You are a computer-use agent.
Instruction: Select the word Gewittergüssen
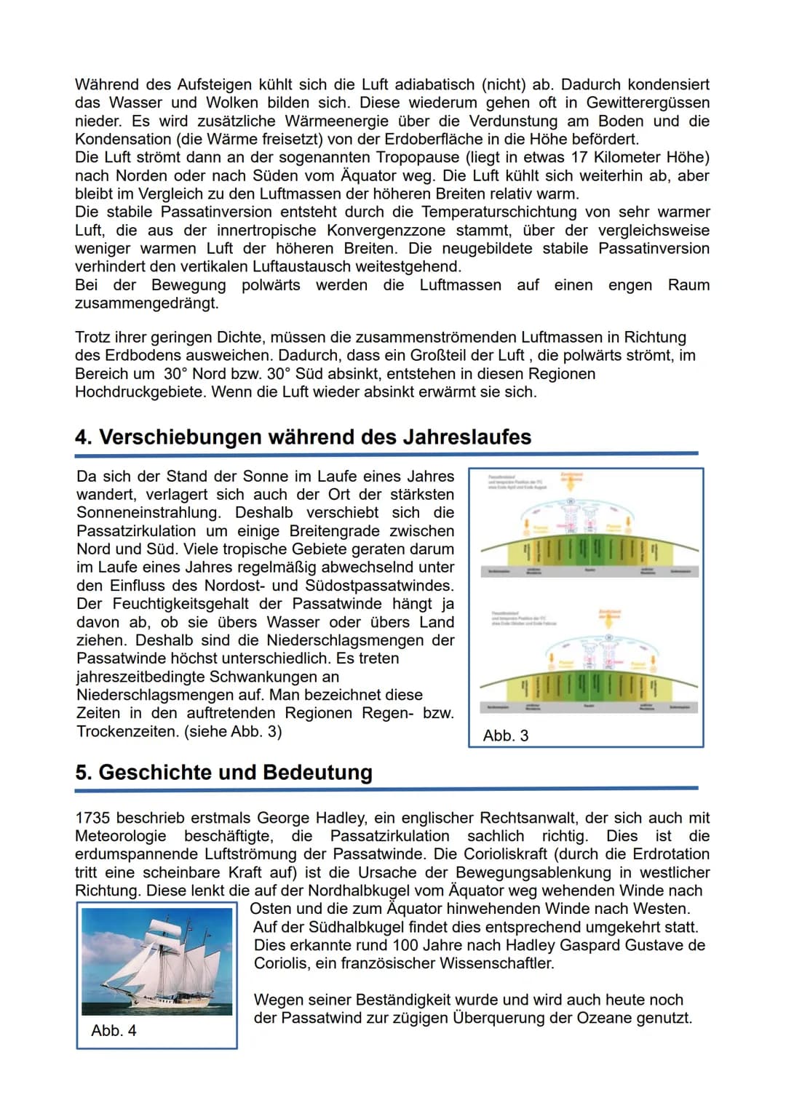(648, 103)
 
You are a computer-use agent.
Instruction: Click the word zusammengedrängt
(146, 303)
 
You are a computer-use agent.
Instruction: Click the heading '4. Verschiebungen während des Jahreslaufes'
(303, 437)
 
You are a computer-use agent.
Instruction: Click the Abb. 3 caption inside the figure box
(505, 736)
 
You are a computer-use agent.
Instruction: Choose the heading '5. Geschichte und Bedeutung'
(223, 773)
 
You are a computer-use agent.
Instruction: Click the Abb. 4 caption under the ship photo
(114, 1031)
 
